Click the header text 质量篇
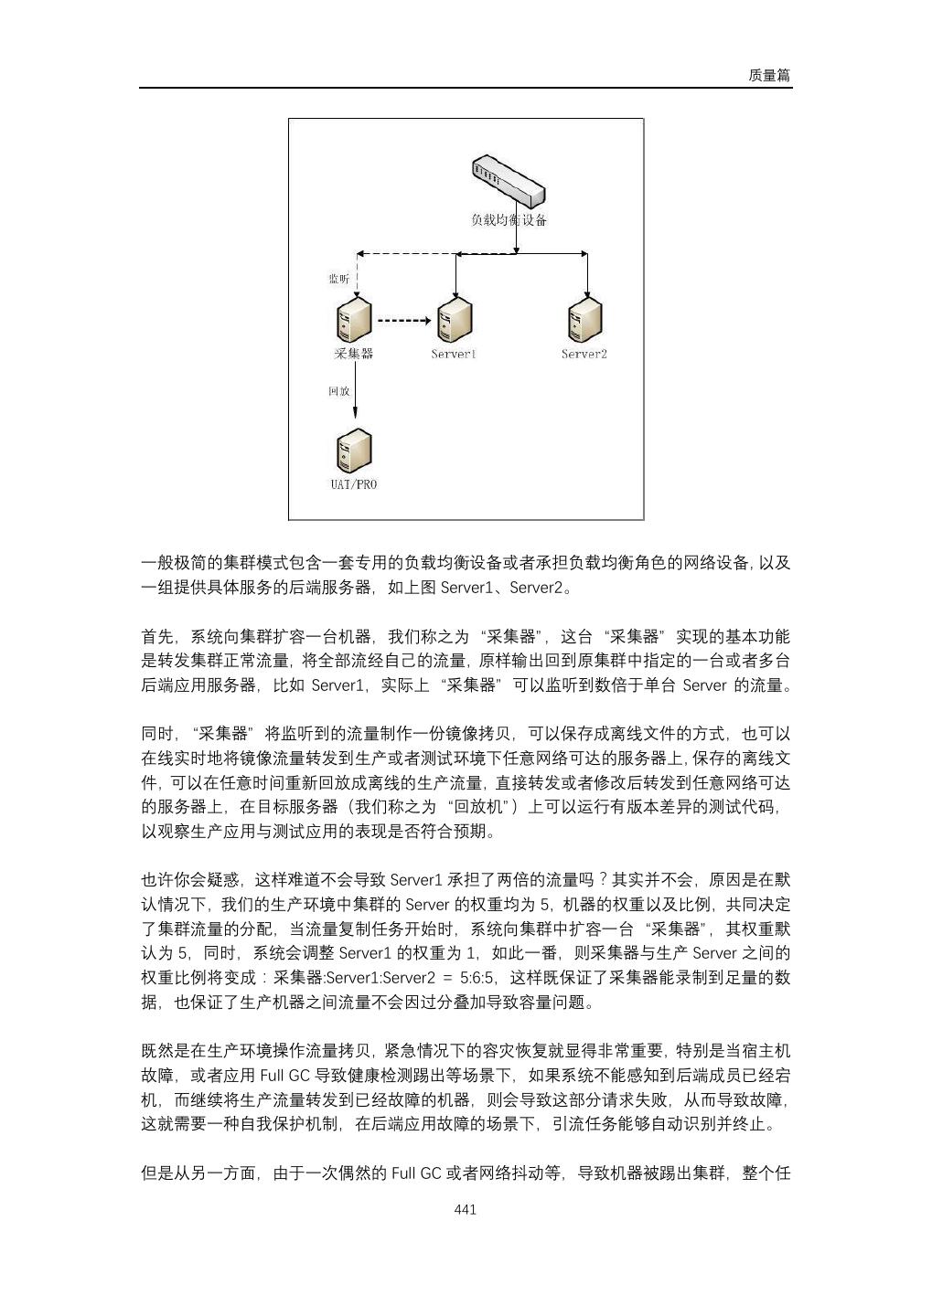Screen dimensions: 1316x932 (x=768, y=77)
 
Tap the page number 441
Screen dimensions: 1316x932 (x=466, y=1209)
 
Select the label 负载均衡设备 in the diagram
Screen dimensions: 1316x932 (x=509, y=220)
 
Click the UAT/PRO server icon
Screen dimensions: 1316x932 (x=354, y=451)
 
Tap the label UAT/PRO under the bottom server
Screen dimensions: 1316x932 (x=354, y=484)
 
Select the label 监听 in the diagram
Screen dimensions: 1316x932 (x=338, y=279)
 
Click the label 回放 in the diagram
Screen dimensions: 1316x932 (x=338, y=391)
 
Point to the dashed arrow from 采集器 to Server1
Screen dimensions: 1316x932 (x=403, y=321)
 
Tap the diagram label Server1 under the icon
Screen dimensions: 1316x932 (x=454, y=354)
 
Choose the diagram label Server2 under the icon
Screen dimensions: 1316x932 (x=584, y=354)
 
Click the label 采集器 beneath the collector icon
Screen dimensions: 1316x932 (x=354, y=354)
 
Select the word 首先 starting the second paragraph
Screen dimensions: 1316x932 (x=156, y=636)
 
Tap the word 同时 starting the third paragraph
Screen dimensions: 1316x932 (x=156, y=734)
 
